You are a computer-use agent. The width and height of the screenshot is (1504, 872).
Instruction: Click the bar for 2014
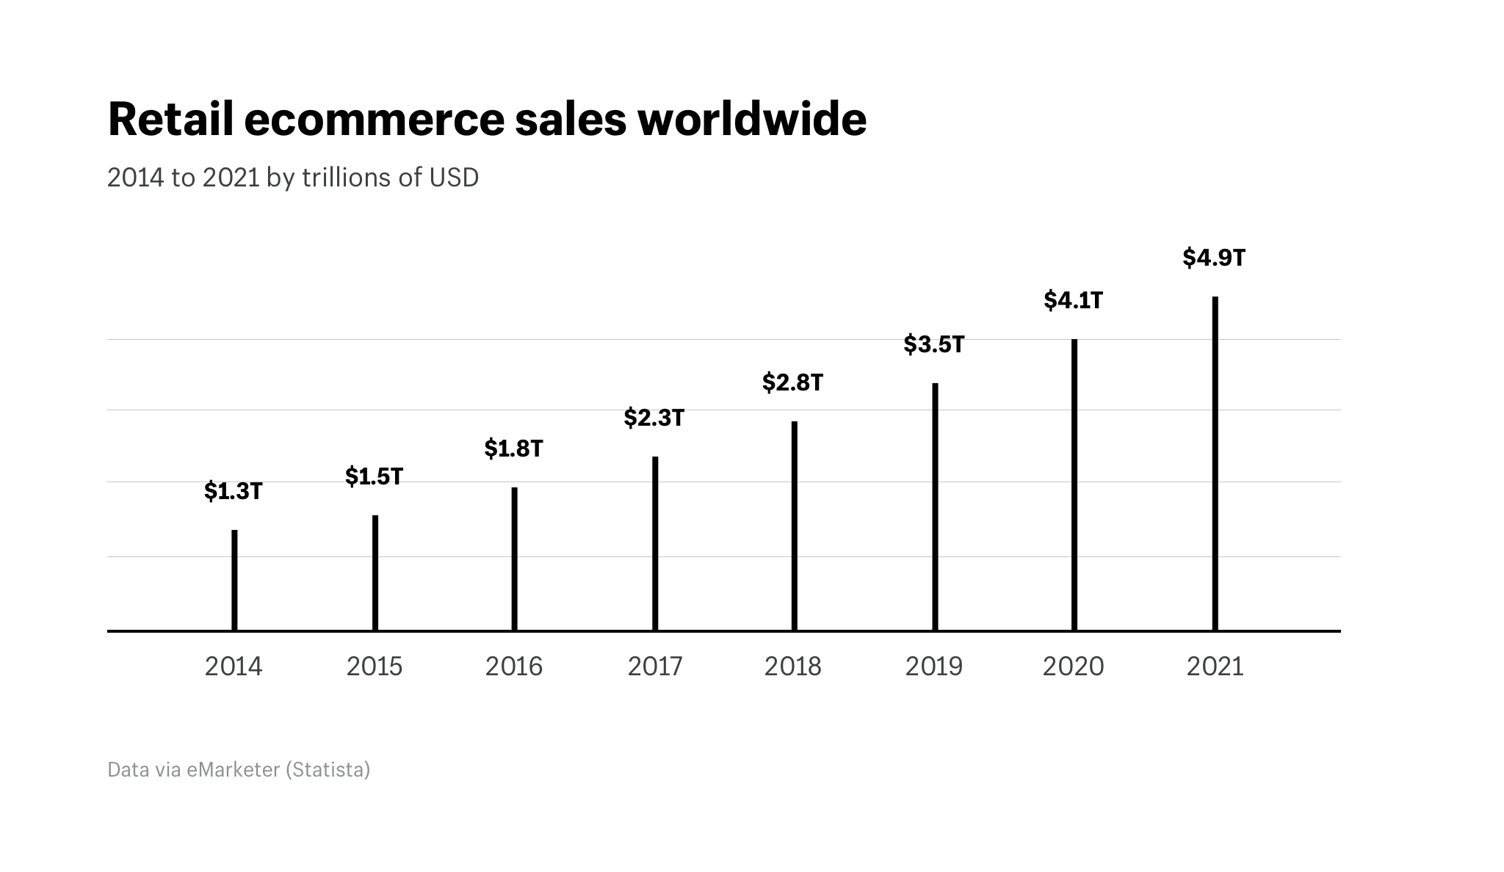tap(234, 580)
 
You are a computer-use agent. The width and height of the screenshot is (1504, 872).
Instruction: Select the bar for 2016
tap(514, 559)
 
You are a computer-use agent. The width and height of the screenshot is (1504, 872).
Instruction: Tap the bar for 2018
tap(794, 526)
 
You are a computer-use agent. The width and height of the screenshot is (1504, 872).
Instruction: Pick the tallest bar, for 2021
tap(1215, 463)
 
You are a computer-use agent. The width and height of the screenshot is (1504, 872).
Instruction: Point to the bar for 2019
tap(935, 506)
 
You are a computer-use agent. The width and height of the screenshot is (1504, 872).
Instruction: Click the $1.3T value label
tap(233, 491)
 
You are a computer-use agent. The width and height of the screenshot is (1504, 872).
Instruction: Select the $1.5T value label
tap(374, 476)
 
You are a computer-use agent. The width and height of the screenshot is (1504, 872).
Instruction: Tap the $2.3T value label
tap(654, 418)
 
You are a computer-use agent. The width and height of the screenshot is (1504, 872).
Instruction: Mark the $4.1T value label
tap(1073, 300)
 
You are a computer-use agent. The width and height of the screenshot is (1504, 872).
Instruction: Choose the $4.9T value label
tap(1214, 258)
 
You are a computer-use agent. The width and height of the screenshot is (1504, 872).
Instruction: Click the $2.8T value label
tap(792, 382)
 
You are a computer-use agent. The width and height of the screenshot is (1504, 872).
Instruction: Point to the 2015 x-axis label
tap(374, 666)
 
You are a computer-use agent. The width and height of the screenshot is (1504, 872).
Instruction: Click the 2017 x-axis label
tap(654, 666)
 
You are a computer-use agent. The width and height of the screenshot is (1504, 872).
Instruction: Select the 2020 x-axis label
tap(1073, 666)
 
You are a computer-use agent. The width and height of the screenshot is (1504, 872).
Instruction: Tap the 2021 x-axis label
tap(1215, 666)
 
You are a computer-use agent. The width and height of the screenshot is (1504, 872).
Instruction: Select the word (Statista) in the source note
tap(328, 769)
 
